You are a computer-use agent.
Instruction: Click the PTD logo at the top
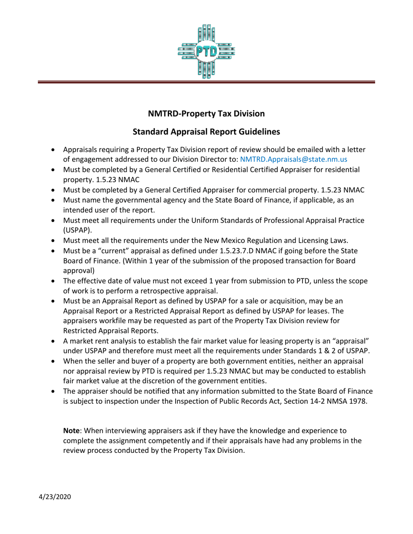click(x=206, y=51)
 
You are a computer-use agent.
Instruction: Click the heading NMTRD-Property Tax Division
click(x=206, y=114)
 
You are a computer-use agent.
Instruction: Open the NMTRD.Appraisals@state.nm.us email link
click(x=293, y=159)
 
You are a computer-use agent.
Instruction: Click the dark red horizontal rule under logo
click(x=206, y=81)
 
